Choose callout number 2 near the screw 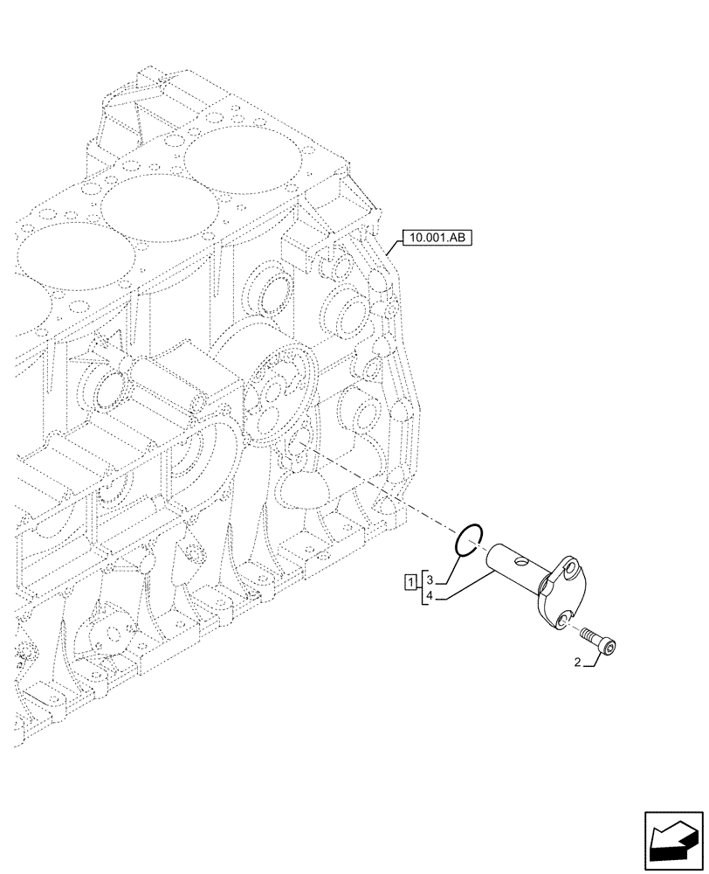coord(579,663)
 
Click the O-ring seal coord(470,538)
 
